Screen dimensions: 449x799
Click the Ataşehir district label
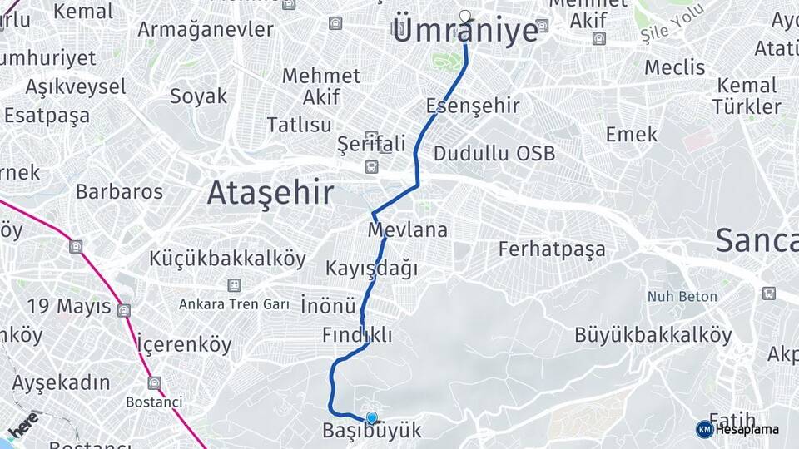coord(270,193)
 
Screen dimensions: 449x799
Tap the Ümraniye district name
coord(464,32)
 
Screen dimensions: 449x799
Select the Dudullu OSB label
coord(494,154)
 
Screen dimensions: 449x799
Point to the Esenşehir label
coord(473,106)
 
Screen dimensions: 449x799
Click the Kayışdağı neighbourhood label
coord(371,269)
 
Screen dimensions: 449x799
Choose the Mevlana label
coord(408,229)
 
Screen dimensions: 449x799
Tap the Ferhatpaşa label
coord(552,249)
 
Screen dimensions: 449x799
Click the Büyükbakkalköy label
coord(653,335)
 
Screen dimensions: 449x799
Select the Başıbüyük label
coord(372,432)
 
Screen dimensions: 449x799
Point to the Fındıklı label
coord(357,335)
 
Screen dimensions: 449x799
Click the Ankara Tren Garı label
coord(234,304)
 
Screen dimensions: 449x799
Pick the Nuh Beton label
coord(679,296)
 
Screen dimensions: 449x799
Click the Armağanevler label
coord(205,29)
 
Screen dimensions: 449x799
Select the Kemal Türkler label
coord(747,96)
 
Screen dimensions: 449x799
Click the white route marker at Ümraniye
coord(465,15)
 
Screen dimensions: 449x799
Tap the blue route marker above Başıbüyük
coord(371,417)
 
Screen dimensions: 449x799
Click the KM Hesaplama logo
coord(737,429)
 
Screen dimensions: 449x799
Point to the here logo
coord(23,424)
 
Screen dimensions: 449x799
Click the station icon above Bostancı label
coord(154,383)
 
